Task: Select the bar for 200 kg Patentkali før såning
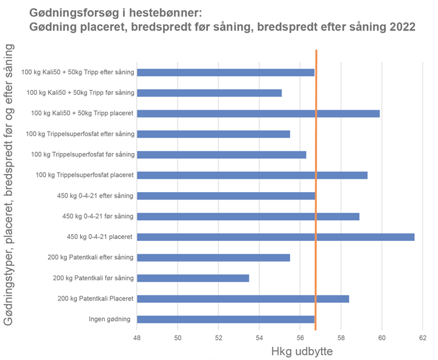193,278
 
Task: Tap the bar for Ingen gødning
226,319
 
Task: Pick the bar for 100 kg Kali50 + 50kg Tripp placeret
258,113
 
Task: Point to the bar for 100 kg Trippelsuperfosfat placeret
252,175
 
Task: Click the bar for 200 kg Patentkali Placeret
243,299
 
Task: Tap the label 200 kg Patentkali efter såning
91,257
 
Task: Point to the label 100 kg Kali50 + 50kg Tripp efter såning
77,72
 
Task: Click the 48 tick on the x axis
137,337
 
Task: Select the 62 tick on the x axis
422,337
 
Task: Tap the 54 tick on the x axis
259,337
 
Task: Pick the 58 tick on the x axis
341,337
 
